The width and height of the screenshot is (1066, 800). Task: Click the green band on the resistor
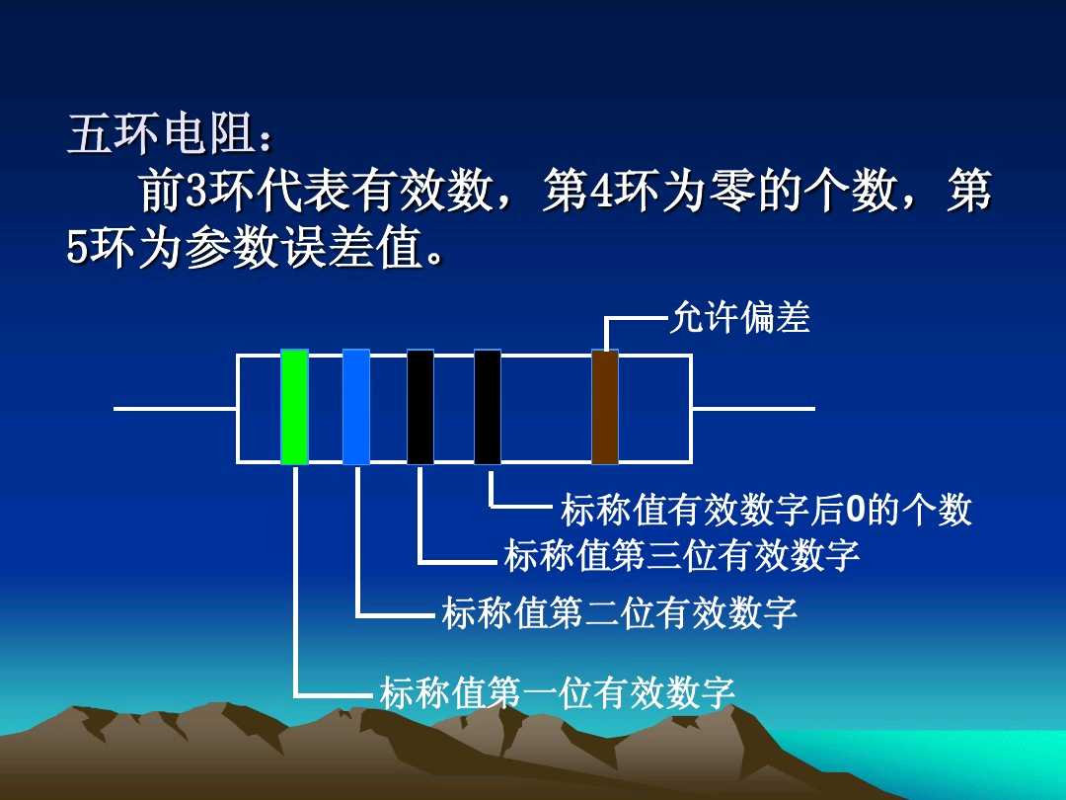[294, 407]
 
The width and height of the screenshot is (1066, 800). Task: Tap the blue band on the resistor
[356, 407]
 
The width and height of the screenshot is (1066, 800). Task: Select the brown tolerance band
[605, 407]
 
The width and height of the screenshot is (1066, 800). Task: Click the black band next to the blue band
[420, 407]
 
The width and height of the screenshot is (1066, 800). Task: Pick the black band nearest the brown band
[488, 407]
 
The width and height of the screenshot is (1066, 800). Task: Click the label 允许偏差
[739, 317]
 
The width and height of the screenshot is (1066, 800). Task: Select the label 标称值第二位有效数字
[619, 613]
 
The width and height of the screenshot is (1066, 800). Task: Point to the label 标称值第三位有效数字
[682, 556]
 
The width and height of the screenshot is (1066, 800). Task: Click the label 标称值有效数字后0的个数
[766, 511]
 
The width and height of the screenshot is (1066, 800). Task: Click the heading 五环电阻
[163, 135]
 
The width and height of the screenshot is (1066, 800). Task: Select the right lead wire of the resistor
[752, 408]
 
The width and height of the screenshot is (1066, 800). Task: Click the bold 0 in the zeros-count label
[856, 511]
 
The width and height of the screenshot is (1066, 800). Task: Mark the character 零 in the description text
[730, 193]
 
